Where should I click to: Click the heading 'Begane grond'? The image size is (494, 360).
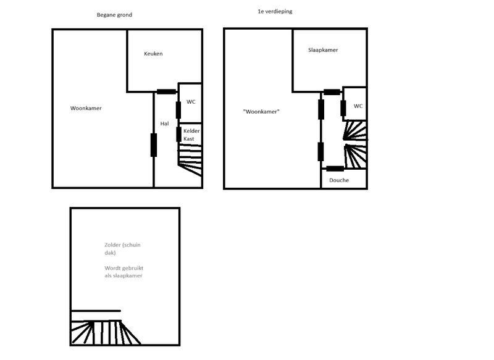114,15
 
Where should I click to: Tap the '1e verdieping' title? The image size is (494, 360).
275,12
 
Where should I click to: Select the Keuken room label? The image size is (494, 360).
153,54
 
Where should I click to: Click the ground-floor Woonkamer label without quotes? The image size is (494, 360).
86,108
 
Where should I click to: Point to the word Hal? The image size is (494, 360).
164,123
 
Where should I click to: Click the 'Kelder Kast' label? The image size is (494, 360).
192,135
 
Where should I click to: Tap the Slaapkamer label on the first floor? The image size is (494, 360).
323,50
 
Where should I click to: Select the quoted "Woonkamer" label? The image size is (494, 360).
262,112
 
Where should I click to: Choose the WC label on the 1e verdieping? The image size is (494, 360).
358,106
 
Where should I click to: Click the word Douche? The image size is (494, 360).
339,180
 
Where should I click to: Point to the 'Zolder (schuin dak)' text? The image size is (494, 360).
122,249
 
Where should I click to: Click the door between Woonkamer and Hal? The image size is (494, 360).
153,145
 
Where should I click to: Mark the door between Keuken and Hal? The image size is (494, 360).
165,92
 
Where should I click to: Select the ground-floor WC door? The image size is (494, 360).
178,109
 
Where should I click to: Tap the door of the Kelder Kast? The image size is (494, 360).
178,134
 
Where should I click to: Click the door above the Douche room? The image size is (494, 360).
335,169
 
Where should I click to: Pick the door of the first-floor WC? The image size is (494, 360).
343,107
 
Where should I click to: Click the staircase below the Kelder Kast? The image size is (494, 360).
190,160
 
